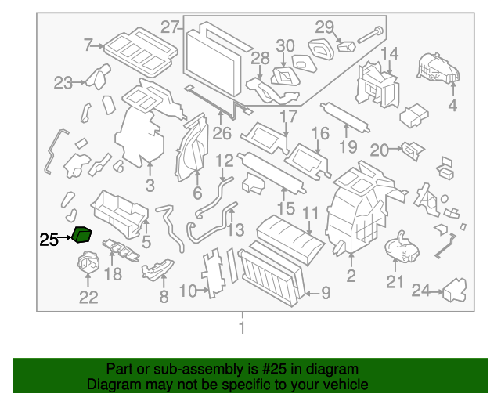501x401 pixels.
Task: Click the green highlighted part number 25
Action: pyautogui.click(x=82, y=234)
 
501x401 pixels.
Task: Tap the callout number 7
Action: pyautogui.click(x=88, y=45)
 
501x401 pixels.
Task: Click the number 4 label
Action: pyautogui.click(x=452, y=107)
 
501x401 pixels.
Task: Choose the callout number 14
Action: pyautogui.click(x=389, y=53)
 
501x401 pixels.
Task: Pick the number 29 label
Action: pyautogui.click(x=324, y=27)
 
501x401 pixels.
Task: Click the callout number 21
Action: pyautogui.click(x=395, y=282)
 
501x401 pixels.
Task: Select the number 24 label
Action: pyautogui.click(x=421, y=291)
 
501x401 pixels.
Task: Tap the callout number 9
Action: pyautogui.click(x=325, y=294)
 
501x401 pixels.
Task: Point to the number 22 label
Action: pyautogui.click(x=88, y=297)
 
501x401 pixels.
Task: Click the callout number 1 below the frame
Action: pyautogui.click(x=242, y=327)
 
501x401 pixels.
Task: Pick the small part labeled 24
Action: pyautogui.click(x=456, y=292)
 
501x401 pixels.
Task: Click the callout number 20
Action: pyautogui.click(x=379, y=150)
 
